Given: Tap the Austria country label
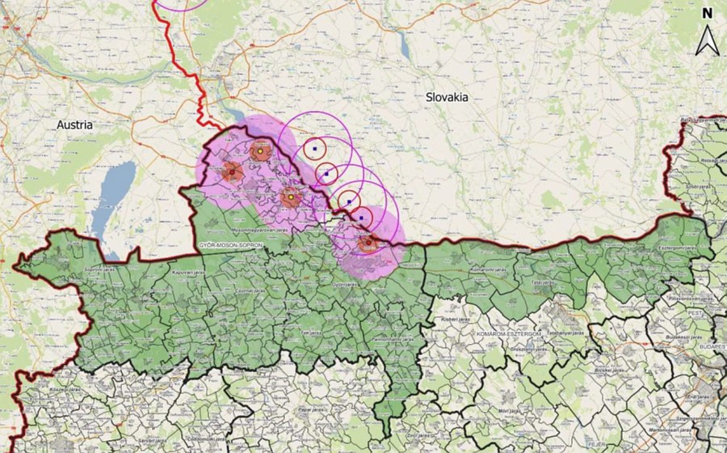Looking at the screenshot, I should tap(74, 125).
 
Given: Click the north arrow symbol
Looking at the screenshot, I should tap(708, 40).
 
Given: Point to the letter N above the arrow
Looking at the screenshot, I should tap(708, 13).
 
